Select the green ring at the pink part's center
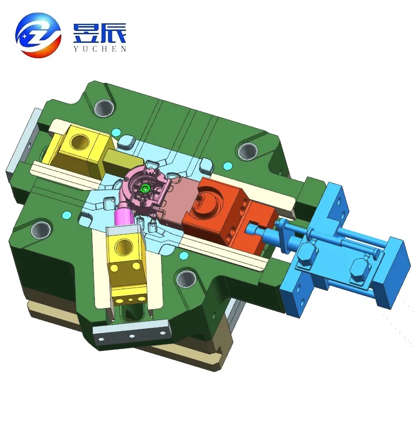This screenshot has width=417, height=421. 145,189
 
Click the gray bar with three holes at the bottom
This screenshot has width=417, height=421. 131,331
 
